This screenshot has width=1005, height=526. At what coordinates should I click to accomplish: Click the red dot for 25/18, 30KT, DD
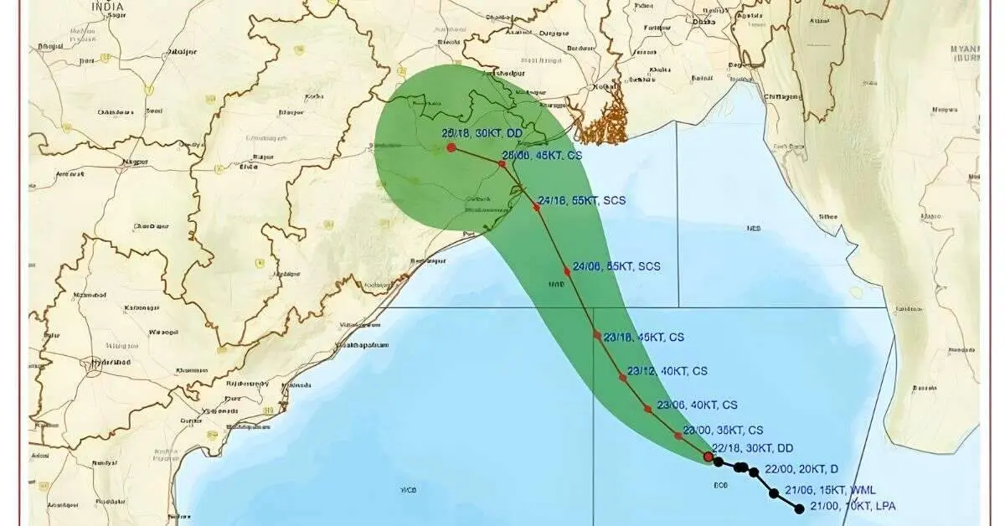(451, 147)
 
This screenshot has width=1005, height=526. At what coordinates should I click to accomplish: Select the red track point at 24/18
(537, 206)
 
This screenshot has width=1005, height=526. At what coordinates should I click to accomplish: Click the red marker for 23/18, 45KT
(597, 335)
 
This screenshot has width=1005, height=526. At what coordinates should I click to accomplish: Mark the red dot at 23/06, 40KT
(647, 409)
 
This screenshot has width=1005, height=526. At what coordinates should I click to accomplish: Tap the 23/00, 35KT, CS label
(723, 430)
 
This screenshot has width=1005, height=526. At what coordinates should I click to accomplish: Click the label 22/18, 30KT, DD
(752, 448)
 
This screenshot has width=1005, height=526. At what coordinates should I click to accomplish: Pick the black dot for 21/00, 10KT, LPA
(799, 508)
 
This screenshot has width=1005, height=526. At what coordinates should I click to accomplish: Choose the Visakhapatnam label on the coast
(362, 345)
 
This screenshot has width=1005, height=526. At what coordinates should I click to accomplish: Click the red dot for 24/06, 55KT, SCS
(567, 271)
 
